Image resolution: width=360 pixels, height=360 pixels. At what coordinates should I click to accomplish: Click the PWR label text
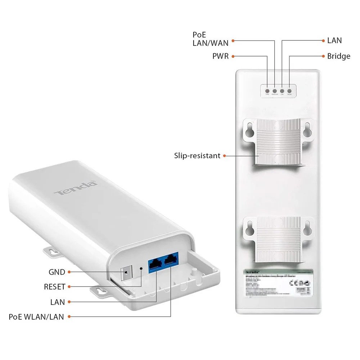[x=221, y=56]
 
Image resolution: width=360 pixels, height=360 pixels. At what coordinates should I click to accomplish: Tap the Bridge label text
[x=338, y=56]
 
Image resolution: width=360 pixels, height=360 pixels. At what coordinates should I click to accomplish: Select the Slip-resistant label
[x=197, y=156]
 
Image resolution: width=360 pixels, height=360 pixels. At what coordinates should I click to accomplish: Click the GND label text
[x=57, y=272]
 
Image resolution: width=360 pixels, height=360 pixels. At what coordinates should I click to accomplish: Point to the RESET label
[x=54, y=287]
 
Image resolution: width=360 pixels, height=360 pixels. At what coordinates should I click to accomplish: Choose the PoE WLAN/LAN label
[x=36, y=317]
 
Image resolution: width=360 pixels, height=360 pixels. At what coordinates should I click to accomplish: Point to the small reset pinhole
[x=141, y=268]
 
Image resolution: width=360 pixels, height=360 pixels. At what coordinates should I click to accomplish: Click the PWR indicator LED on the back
[x=268, y=91]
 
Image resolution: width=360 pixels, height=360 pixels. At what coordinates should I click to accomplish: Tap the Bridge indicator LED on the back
[x=289, y=91]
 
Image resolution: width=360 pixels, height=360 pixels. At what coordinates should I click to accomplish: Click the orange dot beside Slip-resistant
[x=224, y=156]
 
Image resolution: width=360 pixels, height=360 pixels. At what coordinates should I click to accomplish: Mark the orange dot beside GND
[x=69, y=272]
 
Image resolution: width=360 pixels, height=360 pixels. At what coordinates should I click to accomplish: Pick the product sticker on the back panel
[x=277, y=284]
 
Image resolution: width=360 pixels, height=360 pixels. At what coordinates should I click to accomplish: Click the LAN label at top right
[x=334, y=40]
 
